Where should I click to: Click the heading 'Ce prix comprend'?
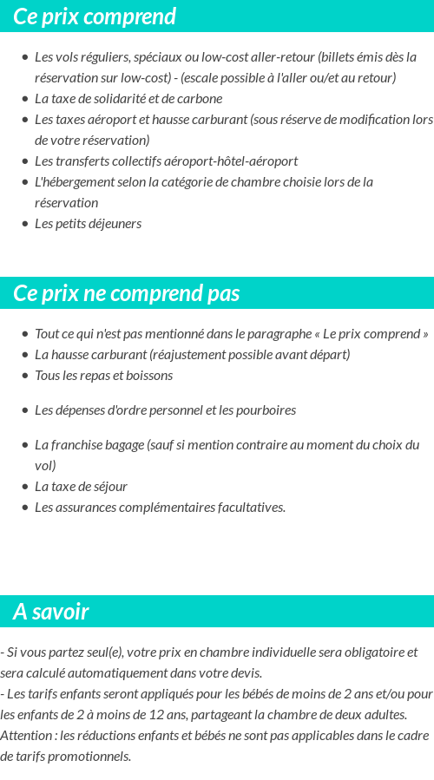pos(95,16)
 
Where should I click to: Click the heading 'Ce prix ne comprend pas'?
pos(126,293)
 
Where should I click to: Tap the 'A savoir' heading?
pos(50,612)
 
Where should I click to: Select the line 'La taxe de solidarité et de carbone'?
pos(128,99)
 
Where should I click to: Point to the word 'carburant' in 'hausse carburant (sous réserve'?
pos(221,120)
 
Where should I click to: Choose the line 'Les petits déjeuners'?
pos(88,224)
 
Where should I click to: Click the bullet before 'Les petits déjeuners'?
pos(24,224)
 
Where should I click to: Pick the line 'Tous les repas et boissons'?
pos(103,376)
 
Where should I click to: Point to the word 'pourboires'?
pos(266,410)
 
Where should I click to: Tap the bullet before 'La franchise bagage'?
pos(24,445)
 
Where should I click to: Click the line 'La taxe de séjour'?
pos(81,487)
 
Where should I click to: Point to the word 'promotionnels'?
pos(92,757)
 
